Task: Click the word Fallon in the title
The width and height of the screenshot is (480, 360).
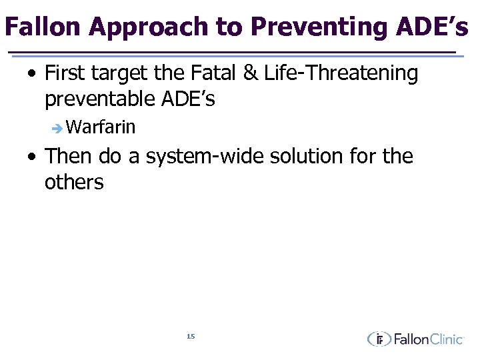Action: [x=42, y=27]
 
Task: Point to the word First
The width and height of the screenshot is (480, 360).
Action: [x=67, y=73]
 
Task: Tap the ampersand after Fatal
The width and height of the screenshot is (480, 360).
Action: [x=250, y=73]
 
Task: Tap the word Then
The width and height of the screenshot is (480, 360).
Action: [x=69, y=157]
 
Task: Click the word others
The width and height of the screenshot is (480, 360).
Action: [x=74, y=182]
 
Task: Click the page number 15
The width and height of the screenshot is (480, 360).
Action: [x=191, y=337]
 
